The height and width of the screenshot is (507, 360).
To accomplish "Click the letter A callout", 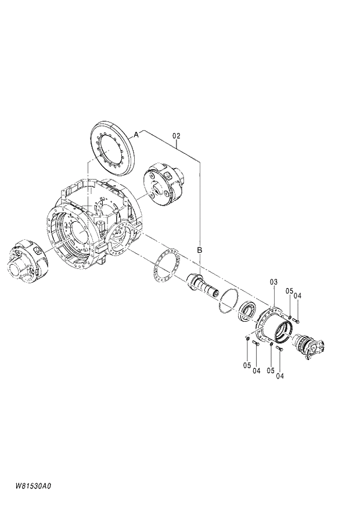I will coord(136,134).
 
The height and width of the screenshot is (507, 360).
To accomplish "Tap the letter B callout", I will coord(199,250).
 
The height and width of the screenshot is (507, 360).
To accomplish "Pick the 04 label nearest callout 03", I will coord(298,296).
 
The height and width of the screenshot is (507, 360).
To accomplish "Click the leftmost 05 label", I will coord(247,365).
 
